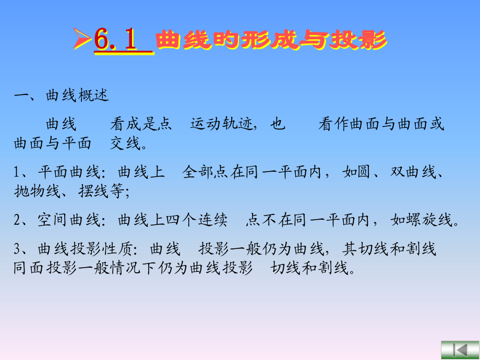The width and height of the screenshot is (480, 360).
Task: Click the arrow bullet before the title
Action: pyautogui.click(x=82, y=41)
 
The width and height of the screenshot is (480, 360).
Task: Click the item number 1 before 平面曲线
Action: pyautogui.click(x=18, y=172)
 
